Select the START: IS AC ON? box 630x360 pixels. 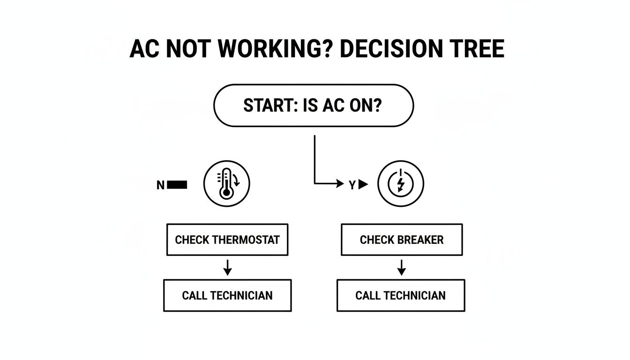point(314,105)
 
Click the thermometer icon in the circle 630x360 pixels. point(227,184)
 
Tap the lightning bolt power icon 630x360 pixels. point(401,184)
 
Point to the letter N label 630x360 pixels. point(160,185)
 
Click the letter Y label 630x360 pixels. point(352,185)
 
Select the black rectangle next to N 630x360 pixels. point(177,185)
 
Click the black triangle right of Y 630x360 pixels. point(363,185)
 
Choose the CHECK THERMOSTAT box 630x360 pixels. point(227,240)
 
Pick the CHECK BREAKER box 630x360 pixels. point(402,240)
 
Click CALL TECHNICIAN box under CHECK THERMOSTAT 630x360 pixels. point(227,295)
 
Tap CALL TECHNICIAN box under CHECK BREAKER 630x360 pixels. point(401,295)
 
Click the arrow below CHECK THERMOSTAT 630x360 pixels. point(227,268)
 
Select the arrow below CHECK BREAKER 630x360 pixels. point(401,268)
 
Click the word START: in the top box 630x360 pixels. point(265,106)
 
